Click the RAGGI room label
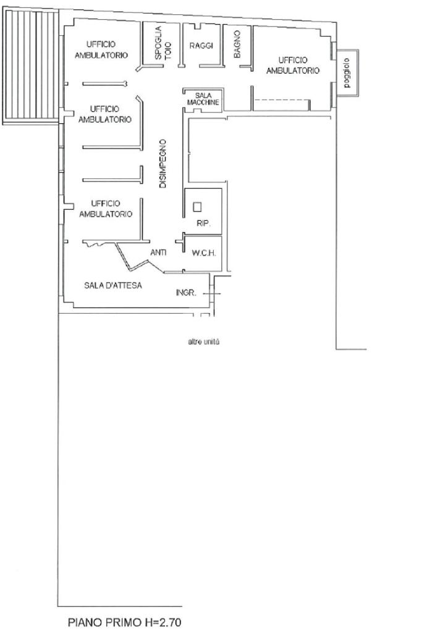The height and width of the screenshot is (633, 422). click(201, 46)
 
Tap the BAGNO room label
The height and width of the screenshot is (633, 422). click(237, 44)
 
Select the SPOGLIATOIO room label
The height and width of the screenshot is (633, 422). click(163, 43)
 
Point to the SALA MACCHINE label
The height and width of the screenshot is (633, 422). click(203, 99)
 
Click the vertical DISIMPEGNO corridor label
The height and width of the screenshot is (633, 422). click(163, 164)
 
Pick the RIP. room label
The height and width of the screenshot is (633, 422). click(203, 223)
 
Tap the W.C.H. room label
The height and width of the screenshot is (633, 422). click(204, 254)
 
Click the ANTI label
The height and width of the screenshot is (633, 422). click(158, 252)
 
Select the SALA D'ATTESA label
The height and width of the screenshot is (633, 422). click(113, 285)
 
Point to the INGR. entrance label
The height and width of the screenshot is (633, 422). click(186, 293)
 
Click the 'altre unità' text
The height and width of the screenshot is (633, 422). click(204, 342)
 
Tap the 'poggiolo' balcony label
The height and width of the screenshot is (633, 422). click(347, 73)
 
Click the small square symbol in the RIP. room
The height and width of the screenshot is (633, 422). click(197, 207)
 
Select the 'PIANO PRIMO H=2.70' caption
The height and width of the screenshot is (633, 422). click(125, 622)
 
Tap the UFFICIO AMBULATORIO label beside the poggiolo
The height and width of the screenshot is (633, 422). click(293, 66)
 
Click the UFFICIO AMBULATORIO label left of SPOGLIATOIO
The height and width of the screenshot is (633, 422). click(101, 50)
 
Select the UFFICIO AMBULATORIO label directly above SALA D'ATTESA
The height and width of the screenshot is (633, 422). click(106, 209)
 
